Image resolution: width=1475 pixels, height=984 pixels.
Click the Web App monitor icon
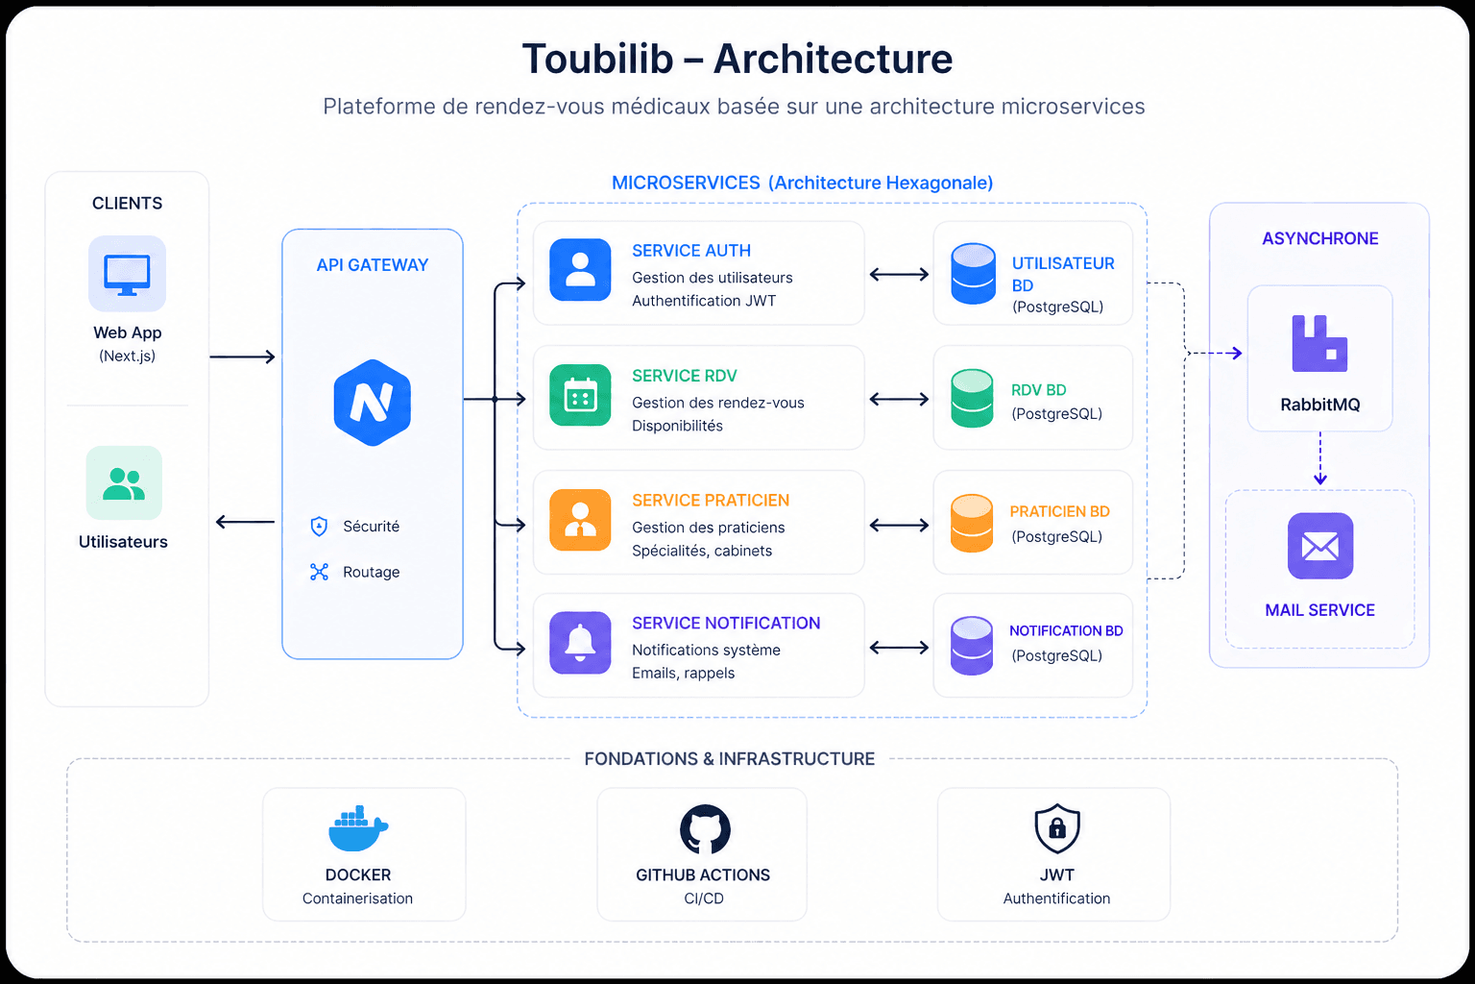pos(127,274)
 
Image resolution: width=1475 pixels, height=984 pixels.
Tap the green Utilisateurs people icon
pos(124,482)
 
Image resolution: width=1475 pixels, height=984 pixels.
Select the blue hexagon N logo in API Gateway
pos(373,403)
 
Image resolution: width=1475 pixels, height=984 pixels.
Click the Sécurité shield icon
pos(320,527)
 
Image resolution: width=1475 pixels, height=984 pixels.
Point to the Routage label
pos(371,573)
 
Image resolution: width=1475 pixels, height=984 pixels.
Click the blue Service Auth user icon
pos(580,270)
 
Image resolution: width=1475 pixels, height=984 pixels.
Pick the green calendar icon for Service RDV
pos(580,395)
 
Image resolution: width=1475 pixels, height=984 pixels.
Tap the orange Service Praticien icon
pos(580,520)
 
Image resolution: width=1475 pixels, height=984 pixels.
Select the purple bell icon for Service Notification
pos(580,643)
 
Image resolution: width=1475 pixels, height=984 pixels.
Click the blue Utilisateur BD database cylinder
pos(973,274)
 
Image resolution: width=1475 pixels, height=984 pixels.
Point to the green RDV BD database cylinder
pos(972,399)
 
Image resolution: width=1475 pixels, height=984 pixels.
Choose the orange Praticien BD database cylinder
pos(972,524)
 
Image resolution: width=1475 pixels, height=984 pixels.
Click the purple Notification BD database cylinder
pos(972,646)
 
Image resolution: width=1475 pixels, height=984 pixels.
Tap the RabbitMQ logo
pos(1319,344)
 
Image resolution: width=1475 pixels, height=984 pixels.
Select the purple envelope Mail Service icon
pos(1320,546)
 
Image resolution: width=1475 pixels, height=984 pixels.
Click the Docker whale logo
pos(357,829)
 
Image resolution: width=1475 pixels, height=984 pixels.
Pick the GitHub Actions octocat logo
pos(705,829)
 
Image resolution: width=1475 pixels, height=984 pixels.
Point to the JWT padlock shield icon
pos(1057,828)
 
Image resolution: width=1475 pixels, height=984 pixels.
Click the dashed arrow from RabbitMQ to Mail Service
pos(1320,458)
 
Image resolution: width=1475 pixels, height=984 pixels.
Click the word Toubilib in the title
pos(597,60)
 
